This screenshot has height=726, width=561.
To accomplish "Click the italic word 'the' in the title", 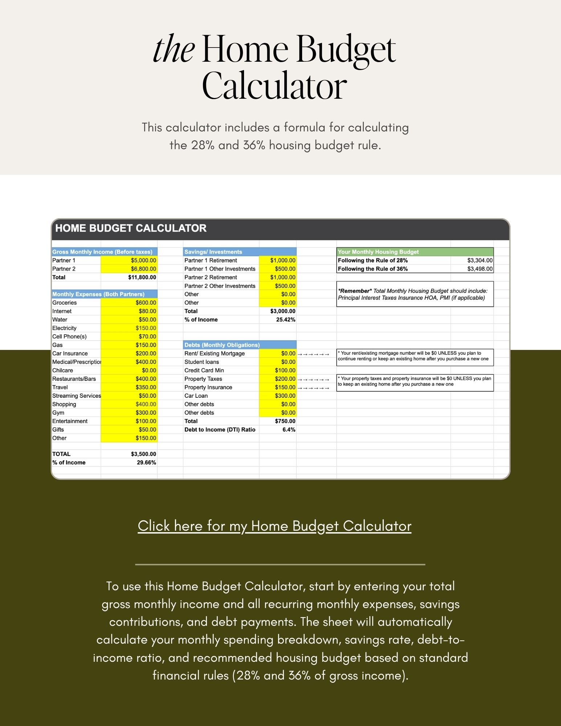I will [173, 50].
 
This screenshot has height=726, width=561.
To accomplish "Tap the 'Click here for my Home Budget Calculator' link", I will [275, 526].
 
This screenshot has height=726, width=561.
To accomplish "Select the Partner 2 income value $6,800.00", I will [143, 269].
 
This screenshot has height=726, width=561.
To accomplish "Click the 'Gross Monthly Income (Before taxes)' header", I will [102, 252].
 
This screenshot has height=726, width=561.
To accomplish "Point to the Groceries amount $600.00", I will [146, 303].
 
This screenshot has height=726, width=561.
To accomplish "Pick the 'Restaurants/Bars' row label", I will [74, 379].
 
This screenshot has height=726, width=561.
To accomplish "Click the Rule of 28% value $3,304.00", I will [480, 261].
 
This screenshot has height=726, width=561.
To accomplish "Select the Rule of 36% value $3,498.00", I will [480, 269].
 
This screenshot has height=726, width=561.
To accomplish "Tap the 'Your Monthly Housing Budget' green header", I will [378, 252].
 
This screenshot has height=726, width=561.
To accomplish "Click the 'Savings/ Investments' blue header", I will [213, 252].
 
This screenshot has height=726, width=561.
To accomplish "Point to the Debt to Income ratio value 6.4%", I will [289, 430].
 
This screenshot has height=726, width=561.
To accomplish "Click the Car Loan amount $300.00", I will [285, 396].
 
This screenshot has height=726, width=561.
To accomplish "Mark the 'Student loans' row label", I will [202, 362].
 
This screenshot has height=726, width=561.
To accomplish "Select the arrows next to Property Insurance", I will [313, 388].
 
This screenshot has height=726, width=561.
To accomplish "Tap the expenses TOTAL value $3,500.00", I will [143, 454].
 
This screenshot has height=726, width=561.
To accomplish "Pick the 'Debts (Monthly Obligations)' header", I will [222, 345].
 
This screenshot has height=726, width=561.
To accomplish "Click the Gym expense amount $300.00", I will [146, 413].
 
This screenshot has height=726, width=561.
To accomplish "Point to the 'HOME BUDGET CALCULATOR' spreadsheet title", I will [131, 228].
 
